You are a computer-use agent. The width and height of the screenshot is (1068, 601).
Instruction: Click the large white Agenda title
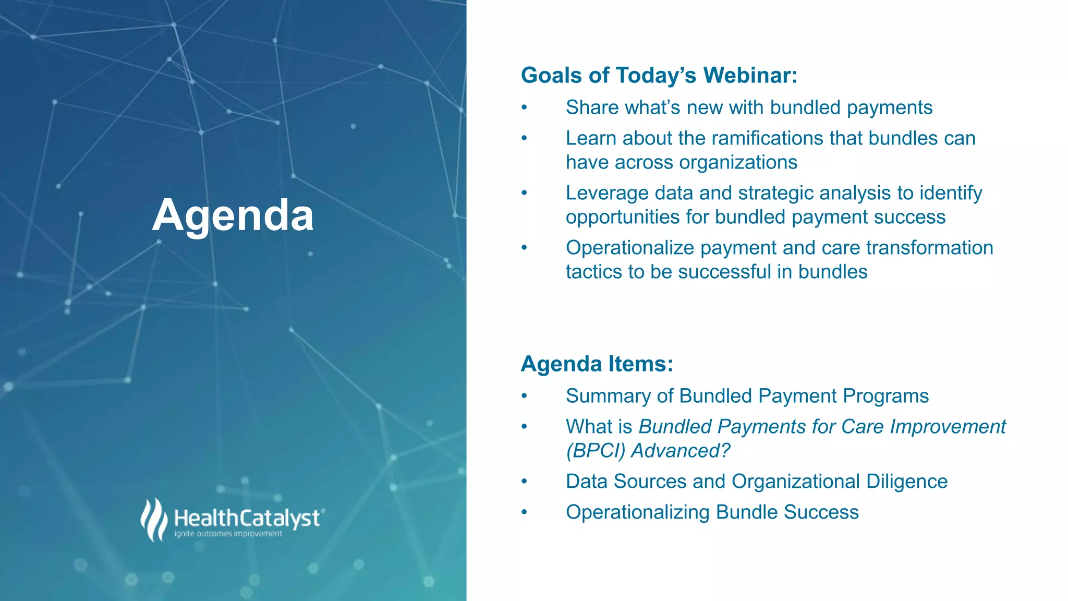tap(233, 215)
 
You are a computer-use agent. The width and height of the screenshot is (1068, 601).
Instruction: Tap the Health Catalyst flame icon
tap(153, 520)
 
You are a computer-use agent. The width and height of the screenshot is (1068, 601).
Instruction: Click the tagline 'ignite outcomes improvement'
tap(228, 534)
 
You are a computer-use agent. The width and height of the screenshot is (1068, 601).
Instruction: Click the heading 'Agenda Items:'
tap(597, 364)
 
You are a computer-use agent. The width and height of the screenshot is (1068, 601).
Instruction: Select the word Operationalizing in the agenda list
tap(637, 512)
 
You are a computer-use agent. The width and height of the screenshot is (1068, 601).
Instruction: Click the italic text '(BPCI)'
tap(596, 451)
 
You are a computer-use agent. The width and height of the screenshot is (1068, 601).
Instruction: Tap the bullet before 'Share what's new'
tap(525, 108)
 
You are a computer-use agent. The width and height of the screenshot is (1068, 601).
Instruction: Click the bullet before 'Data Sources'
tap(525, 482)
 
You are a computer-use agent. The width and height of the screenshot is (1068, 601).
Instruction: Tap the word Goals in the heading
tap(551, 75)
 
